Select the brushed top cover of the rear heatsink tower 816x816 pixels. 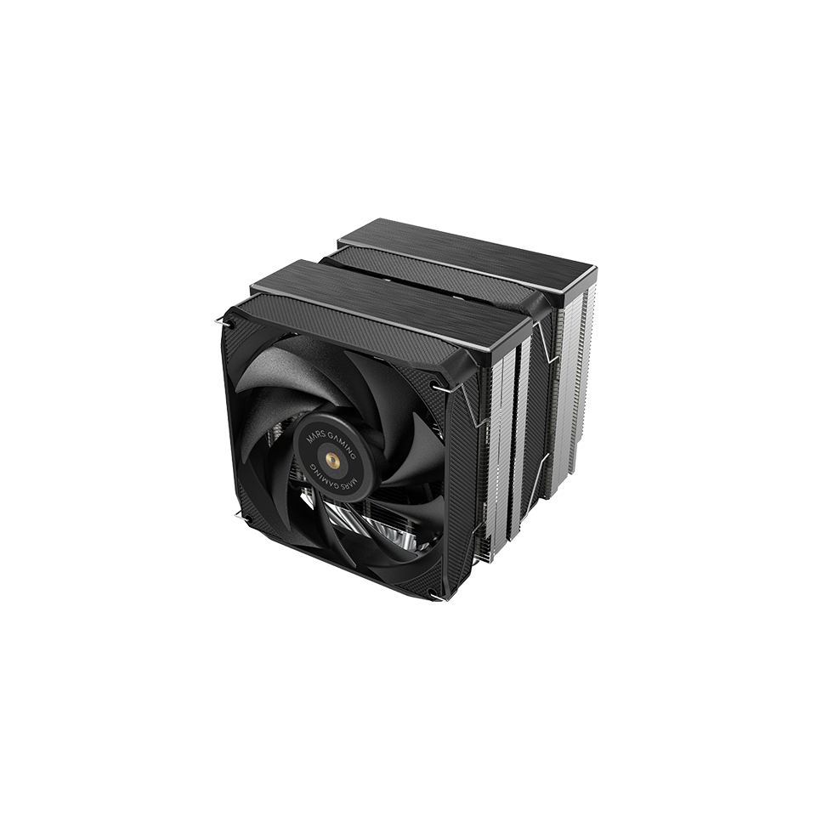(x=476, y=246)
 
